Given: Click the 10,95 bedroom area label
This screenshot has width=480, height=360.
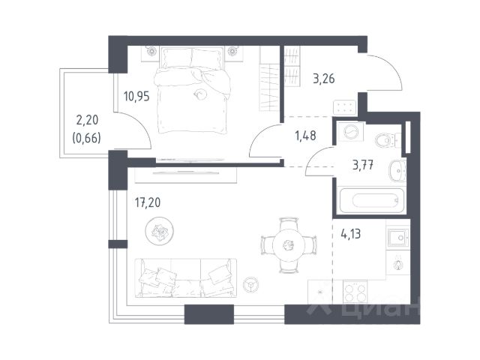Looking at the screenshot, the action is tap(136, 97).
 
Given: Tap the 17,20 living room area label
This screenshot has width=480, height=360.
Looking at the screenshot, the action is tap(148, 202).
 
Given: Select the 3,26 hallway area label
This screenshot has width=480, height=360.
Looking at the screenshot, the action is tap(324, 79).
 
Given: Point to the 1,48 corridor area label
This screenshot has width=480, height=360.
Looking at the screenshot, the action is tap(305, 135).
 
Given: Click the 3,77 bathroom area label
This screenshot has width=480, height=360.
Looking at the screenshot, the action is tap(363, 165).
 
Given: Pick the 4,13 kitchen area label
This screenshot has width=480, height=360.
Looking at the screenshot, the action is tap(350, 234).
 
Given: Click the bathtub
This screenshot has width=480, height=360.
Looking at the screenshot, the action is tap(372, 200).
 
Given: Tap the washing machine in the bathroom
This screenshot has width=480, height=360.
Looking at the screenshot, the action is tap(350, 133).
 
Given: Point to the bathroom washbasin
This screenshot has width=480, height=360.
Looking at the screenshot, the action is tap(397, 171).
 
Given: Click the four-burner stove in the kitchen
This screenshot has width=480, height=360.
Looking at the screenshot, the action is tap(355, 292).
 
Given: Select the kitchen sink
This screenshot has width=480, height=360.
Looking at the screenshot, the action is tap(398, 237).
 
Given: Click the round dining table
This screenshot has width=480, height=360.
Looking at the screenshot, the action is tap(289, 245).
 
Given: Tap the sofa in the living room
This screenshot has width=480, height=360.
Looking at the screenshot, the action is tap(186, 278).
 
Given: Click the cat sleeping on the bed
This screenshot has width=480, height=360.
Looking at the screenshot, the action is tap(200, 94).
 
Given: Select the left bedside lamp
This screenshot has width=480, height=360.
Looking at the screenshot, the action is tap(151, 51).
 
